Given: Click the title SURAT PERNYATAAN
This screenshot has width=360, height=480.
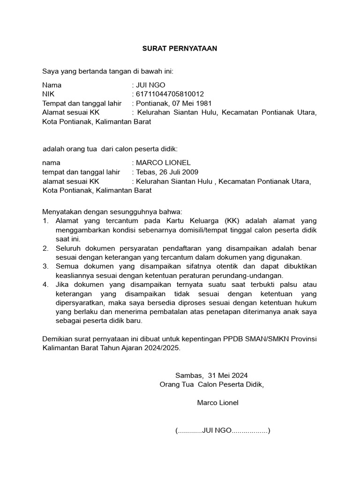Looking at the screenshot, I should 180,48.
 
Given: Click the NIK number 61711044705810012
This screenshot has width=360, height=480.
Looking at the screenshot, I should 170,94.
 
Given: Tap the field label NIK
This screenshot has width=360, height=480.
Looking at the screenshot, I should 48,94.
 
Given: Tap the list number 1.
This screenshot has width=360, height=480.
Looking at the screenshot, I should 45,221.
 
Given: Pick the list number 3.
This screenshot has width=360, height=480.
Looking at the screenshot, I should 45,266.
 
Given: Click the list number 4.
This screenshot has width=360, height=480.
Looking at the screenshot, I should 45,285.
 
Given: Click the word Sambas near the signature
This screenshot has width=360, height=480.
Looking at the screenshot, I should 189,375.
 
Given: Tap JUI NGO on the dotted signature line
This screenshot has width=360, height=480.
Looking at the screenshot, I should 217,431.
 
